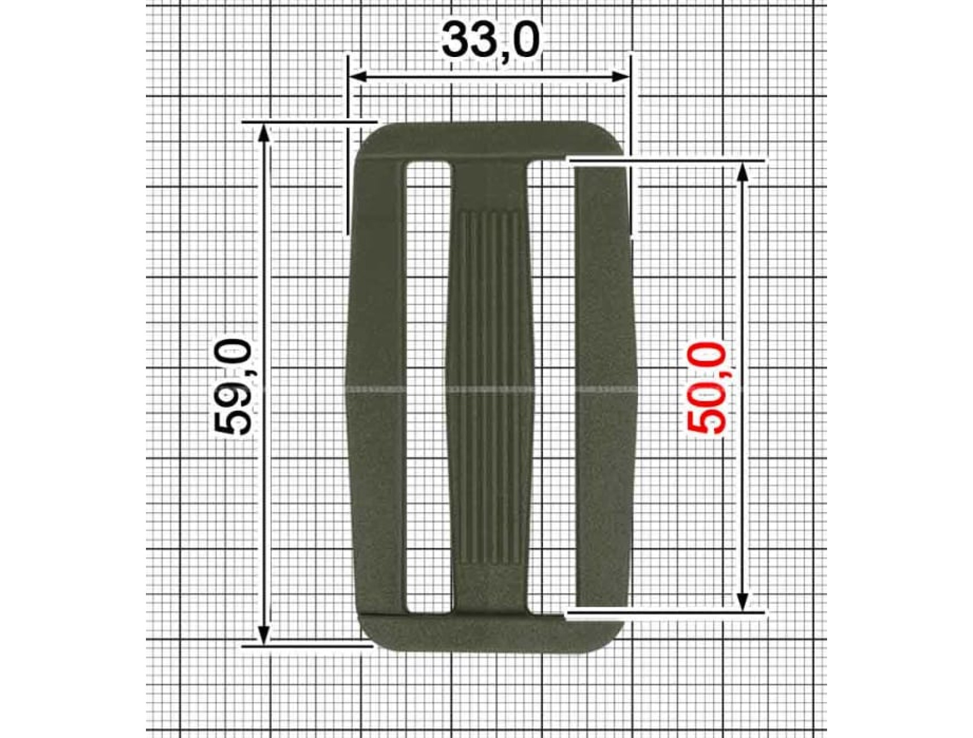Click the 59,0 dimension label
(x=232, y=386)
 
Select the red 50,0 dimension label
(x=706, y=388)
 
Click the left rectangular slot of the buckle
(x=428, y=387)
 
